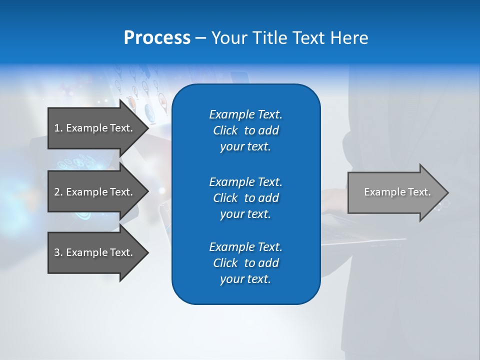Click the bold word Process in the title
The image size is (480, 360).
157,38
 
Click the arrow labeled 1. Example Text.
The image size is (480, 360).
95,128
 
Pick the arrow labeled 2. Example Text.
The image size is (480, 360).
95,192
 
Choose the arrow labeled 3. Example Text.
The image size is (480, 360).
95,252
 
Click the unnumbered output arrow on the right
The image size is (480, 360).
395,192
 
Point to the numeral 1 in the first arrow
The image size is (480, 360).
57,128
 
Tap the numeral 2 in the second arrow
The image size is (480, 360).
57,192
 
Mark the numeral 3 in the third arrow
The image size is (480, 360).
57,252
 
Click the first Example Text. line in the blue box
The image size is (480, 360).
245,114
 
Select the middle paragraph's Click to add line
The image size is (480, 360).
245,198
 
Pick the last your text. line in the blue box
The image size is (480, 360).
245,279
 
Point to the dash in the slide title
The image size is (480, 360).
200,38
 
